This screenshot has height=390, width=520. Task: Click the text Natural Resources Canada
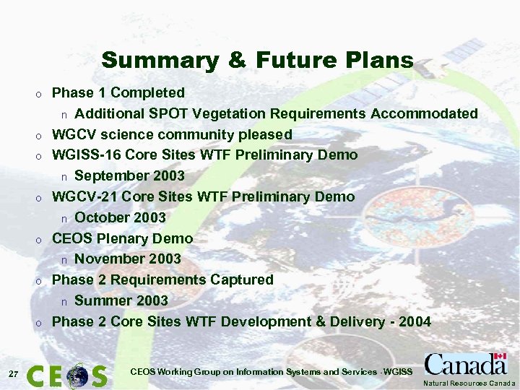coord(469,383)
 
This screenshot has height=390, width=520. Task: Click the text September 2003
coord(129,175)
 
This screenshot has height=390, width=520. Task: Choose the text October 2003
coord(120,217)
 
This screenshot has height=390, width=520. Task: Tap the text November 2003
coord(128,259)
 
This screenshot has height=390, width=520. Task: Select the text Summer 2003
coord(121,300)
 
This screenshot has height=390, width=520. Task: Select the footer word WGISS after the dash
coord(398,372)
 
